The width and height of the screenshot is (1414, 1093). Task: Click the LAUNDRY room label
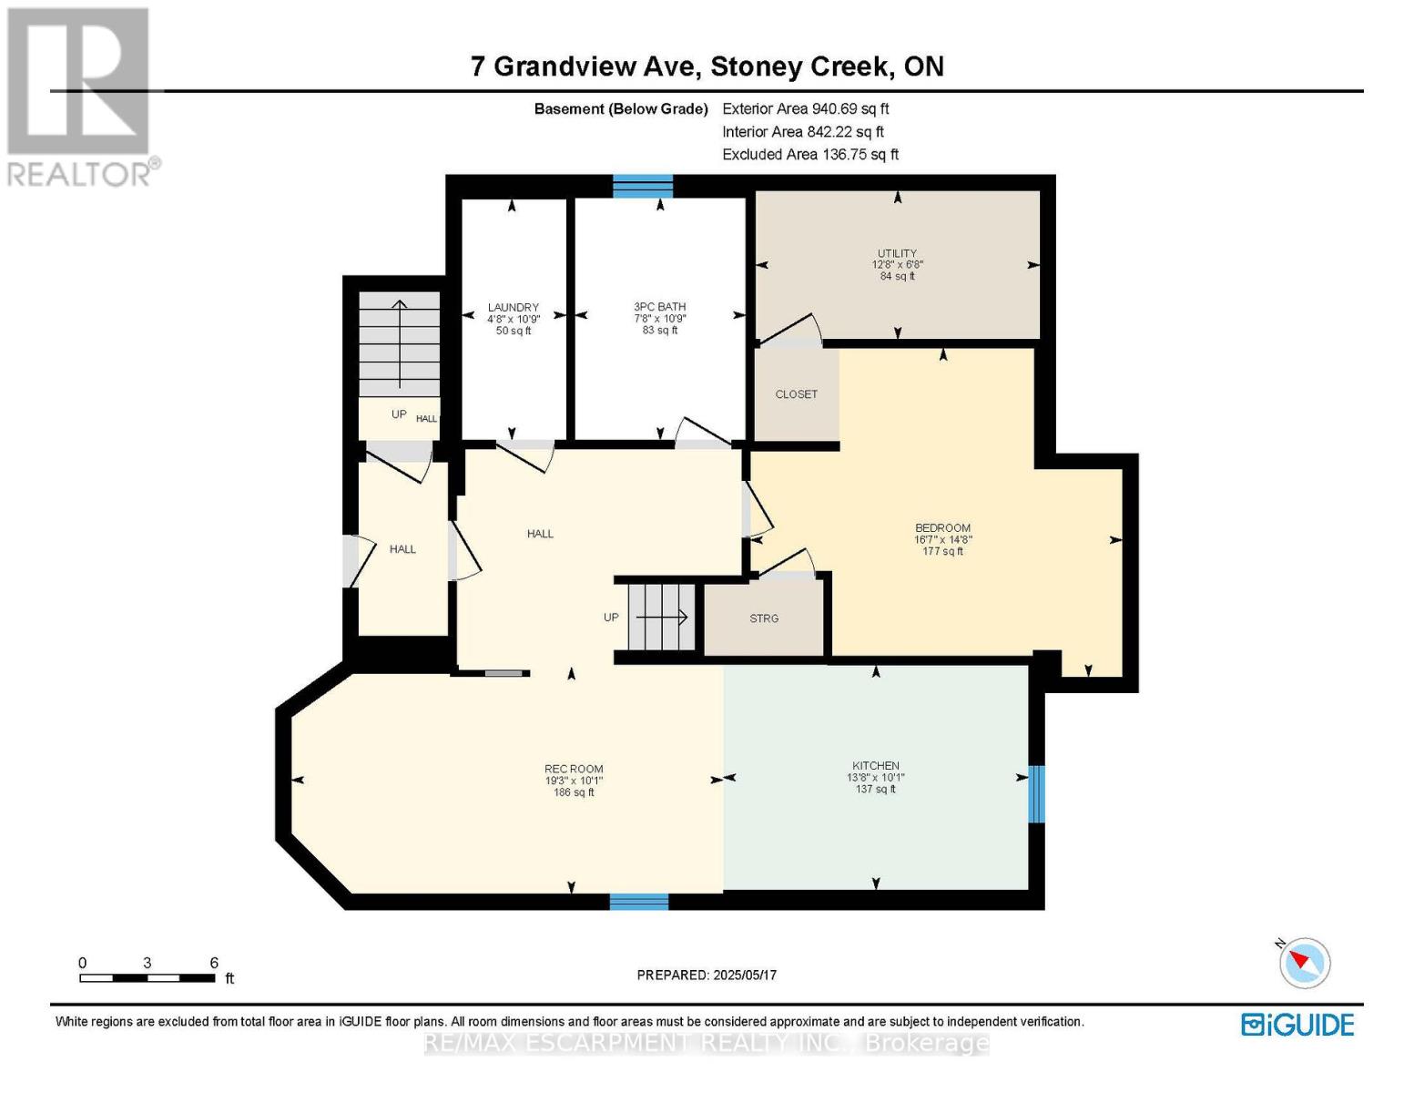514,307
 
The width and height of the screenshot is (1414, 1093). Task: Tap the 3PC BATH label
660,307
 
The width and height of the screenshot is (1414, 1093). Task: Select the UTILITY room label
897,253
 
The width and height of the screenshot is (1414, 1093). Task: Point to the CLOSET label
796,394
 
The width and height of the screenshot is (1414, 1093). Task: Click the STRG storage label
764,618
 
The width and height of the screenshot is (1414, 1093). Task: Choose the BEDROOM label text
942,528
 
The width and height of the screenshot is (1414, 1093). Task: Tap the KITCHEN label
876,766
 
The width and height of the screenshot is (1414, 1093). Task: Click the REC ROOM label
574,769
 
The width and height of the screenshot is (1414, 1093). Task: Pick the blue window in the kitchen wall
1036,793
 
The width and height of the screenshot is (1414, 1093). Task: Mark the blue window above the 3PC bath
643,186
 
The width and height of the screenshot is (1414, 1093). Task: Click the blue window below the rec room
639,902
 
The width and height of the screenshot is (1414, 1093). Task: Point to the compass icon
1304,963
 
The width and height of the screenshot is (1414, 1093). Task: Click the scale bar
148,977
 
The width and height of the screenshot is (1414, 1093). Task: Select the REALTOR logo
81,97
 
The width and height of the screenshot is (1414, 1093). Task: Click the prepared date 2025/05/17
745,976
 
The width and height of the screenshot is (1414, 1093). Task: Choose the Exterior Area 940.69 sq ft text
806,108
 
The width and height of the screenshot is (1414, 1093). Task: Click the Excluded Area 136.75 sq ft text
810,154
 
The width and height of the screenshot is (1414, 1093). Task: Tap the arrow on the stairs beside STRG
662,617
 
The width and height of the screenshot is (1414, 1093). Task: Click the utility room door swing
790,330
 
